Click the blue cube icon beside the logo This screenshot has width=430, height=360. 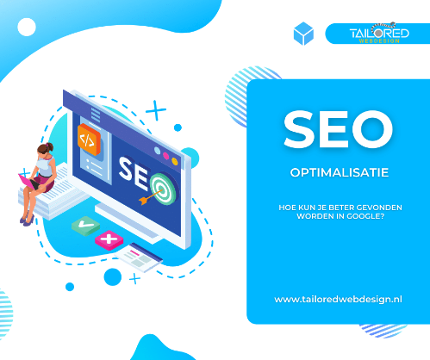click(303, 34)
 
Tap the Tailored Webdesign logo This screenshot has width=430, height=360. click(379, 33)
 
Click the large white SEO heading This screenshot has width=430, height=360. click(338, 129)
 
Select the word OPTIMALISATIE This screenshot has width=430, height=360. click(340, 172)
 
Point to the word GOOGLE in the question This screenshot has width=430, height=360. click(365, 216)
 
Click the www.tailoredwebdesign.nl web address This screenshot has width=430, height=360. click(338, 300)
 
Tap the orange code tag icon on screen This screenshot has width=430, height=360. click(89, 140)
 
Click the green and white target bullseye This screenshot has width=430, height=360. click(163, 189)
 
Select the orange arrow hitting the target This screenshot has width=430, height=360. click(150, 196)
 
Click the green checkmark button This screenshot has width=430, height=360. click(85, 226)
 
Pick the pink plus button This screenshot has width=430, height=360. click(109, 239)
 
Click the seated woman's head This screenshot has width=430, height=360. click(45, 149)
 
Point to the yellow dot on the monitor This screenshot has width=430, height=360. click(175, 161)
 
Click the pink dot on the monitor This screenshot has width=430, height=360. click(166, 156)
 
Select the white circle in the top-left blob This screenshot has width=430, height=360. click(27, 27)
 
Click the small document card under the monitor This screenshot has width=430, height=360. click(139, 258)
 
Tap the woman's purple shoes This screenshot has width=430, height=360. click(28, 220)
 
